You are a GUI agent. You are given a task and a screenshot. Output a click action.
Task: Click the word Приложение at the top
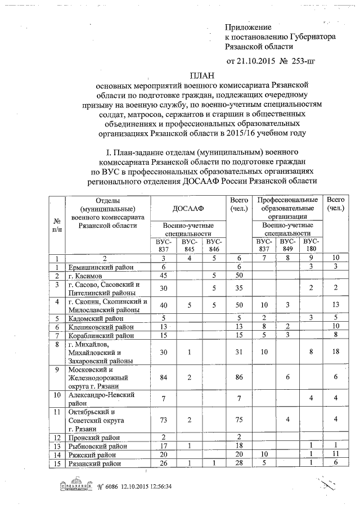[248, 27]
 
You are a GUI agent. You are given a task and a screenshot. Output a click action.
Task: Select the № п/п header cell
[57, 226]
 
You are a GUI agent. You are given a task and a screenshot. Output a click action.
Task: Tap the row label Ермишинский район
[96, 267]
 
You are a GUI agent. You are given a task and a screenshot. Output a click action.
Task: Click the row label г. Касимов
[85, 276]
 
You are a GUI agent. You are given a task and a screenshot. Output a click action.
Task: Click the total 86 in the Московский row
[238, 376]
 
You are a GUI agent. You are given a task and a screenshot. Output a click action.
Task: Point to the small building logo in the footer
[74, 486]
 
